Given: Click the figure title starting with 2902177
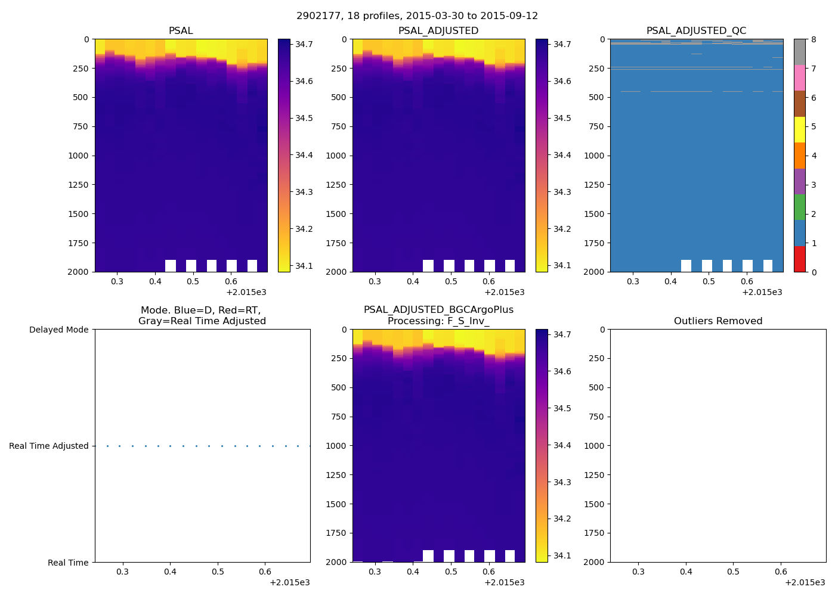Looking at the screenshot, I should coord(417,16).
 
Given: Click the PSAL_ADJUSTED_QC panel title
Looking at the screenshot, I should coord(696,31).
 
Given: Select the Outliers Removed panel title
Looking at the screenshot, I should coord(718,321).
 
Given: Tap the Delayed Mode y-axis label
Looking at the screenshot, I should coord(58,330).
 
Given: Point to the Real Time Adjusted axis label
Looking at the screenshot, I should coord(48,446).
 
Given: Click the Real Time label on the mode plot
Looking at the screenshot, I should coord(68,563).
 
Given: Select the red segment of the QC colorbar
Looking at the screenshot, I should coord(799,259).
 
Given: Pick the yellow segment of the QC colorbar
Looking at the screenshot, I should coord(799,130).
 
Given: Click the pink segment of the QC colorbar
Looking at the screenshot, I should coord(799,78).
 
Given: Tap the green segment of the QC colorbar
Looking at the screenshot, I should coord(799,207).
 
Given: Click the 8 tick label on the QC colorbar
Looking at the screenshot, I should coord(814,40).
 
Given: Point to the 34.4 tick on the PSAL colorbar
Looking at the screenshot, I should coord(304,155).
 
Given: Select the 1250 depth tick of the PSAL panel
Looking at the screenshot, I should coord(78,185).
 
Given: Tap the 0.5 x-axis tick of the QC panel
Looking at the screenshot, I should coord(709,281).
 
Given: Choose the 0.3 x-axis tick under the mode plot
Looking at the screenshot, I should coord(122,572).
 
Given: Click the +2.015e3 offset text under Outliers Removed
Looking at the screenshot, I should coord(805,582).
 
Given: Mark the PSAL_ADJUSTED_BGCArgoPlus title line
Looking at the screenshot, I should coord(438,310).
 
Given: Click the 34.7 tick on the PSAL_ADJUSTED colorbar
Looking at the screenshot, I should coord(562,44).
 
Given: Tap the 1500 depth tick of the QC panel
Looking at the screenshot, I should coord(595,214).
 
